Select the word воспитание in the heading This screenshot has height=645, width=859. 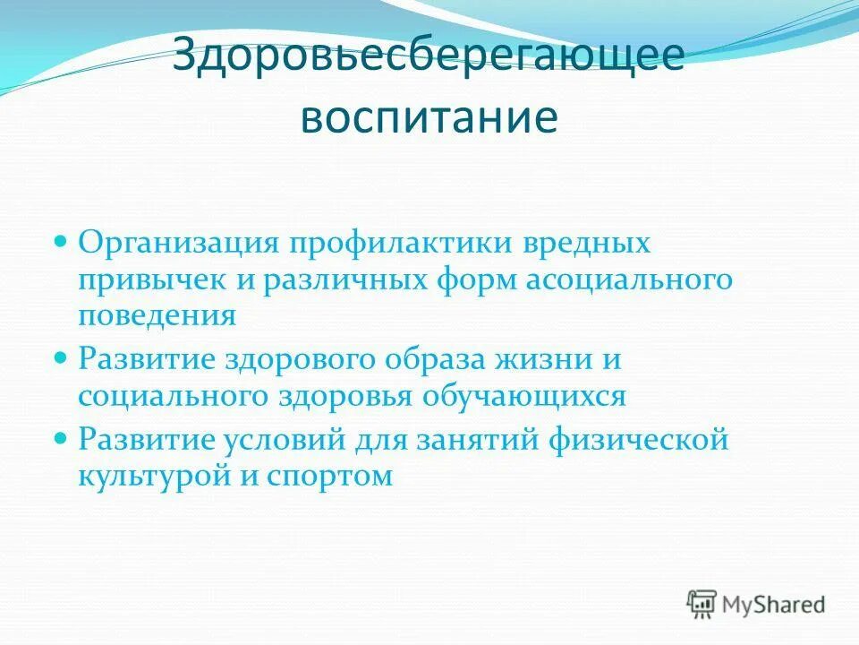coord(429,117)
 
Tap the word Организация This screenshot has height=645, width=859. coord(180,243)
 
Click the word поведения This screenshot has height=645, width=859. coord(157,316)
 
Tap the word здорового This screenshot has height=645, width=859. coord(300,359)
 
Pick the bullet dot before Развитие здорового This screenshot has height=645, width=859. coord(62,358)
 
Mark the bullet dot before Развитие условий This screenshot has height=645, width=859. coord(62,439)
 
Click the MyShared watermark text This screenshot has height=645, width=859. coord(775,604)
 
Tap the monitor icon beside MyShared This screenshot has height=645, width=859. coord(702,603)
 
